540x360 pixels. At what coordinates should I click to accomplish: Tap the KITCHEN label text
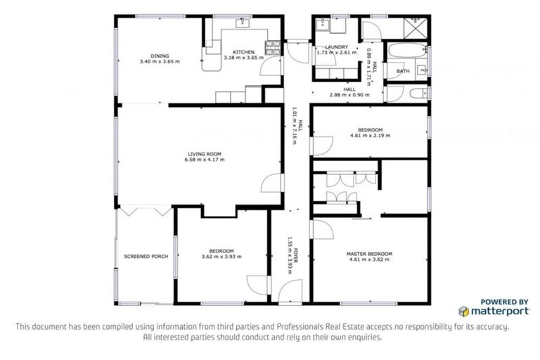pyautogui.click(x=243, y=51)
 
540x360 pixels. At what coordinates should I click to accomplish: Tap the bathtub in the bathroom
pyautogui.click(x=406, y=51)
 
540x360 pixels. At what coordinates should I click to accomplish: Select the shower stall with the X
pyautogui.click(x=413, y=27)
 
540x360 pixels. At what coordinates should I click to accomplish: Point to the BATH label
pyautogui.click(x=403, y=71)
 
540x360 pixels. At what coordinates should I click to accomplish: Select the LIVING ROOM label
pyautogui.click(x=204, y=154)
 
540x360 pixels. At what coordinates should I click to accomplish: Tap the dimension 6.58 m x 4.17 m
pyautogui.click(x=204, y=160)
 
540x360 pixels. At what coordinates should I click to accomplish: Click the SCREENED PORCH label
pyautogui.click(x=146, y=257)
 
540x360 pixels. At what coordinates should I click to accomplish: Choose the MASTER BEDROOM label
pyautogui.click(x=369, y=254)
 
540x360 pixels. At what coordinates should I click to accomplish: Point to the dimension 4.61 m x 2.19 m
pyautogui.click(x=369, y=135)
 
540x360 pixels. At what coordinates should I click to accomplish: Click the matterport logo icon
pyautogui.click(x=464, y=310)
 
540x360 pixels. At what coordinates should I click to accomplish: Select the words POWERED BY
pyautogui.click(x=504, y=301)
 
